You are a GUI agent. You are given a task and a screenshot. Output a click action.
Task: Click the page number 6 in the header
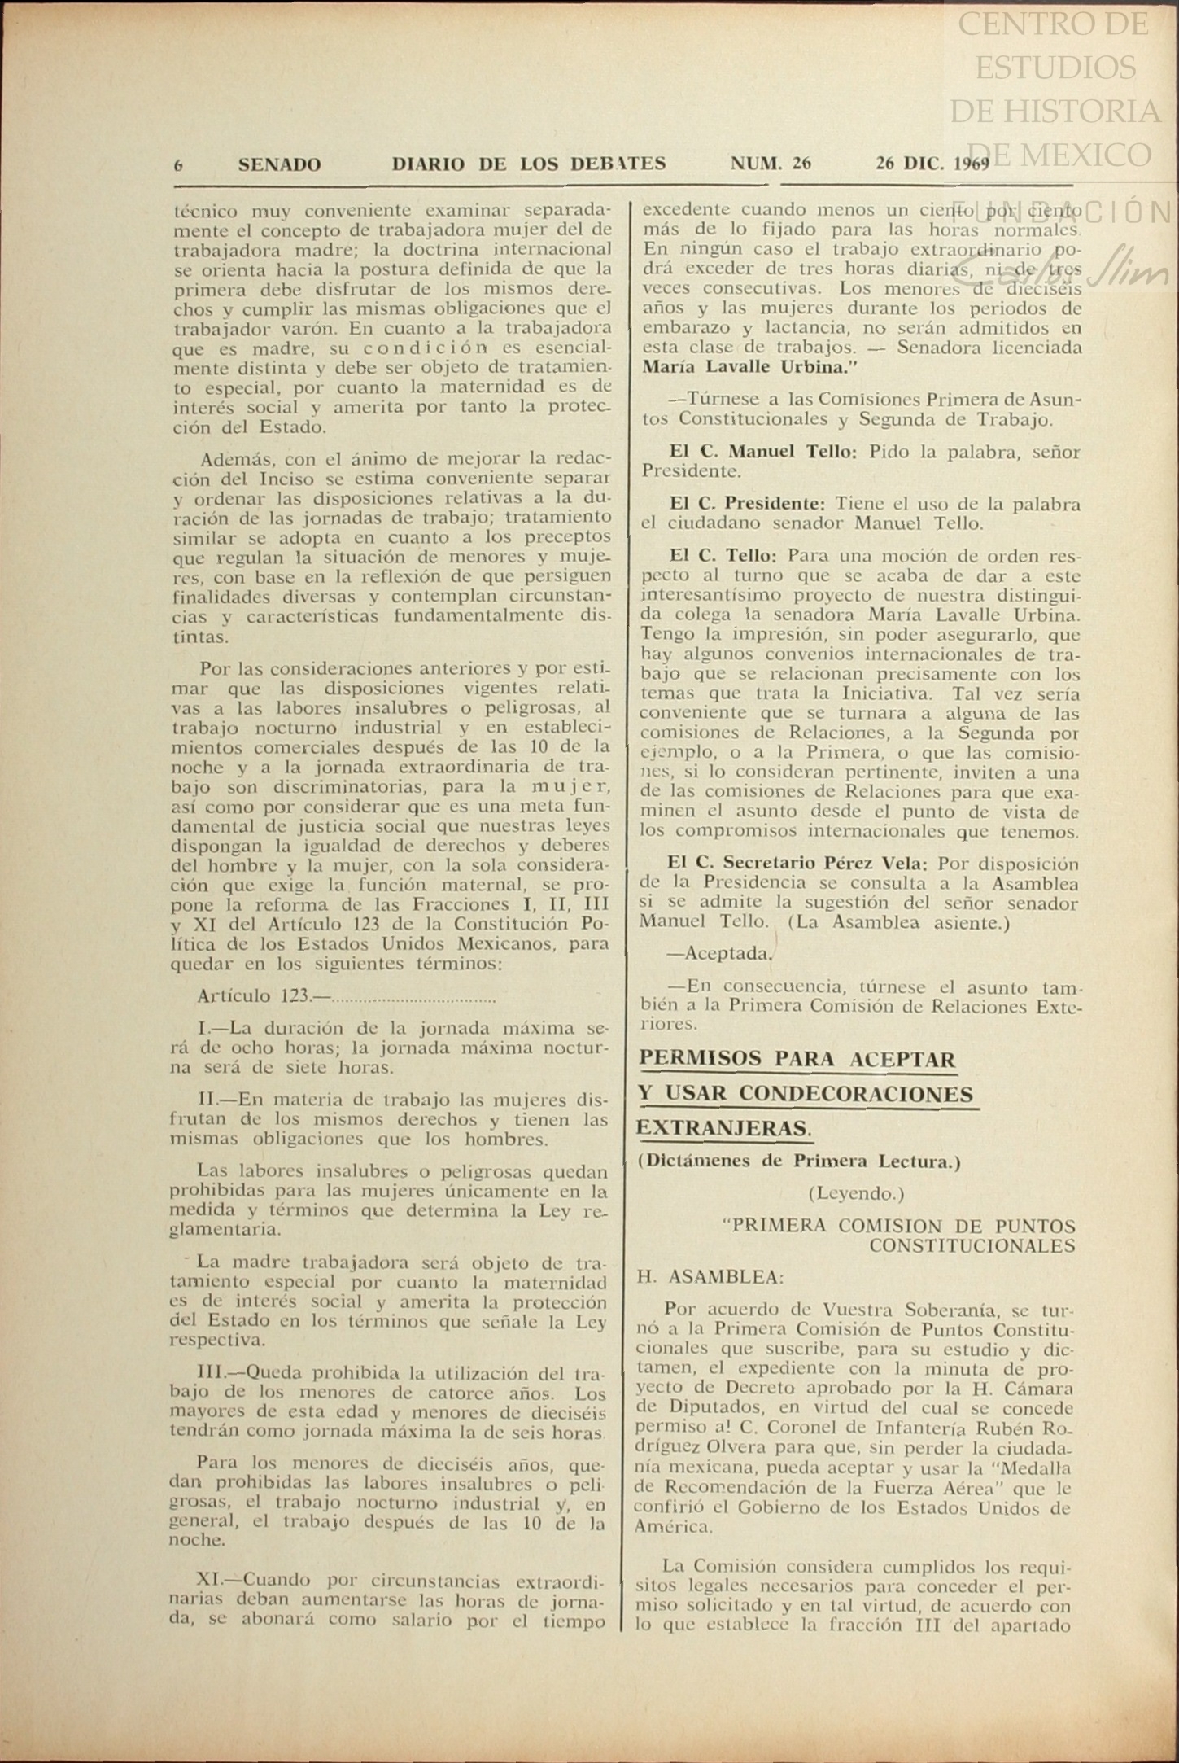click(x=178, y=165)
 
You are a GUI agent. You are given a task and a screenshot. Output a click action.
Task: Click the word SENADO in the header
click(x=279, y=164)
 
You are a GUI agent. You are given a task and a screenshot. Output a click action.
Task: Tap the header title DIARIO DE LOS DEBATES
click(x=529, y=164)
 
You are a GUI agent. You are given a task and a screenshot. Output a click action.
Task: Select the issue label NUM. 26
click(x=771, y=164)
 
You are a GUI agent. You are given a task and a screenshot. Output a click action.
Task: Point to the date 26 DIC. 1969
click(x=932, y=164)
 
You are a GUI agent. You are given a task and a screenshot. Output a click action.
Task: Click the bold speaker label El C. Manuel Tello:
click(x=762, y=452)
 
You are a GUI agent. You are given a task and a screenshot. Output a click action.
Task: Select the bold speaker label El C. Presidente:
click(x=747, y=504)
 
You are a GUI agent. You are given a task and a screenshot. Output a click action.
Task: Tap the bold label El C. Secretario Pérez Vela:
click(x=800, y=863)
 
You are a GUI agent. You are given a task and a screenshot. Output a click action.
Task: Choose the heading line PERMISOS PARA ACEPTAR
click(x=797, y=1059)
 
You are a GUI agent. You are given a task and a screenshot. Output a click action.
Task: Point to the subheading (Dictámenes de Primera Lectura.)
click(x=799, y=1161)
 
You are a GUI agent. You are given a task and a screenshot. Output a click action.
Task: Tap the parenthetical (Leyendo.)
click(x=856, y=1193)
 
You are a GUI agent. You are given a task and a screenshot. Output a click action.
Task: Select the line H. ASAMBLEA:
click(x=710, y=1277)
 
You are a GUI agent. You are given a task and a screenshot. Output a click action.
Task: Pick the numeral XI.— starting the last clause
click(x=220, y=1580)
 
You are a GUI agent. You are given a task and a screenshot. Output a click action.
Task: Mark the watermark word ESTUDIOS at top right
click(x=1055, y=68)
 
